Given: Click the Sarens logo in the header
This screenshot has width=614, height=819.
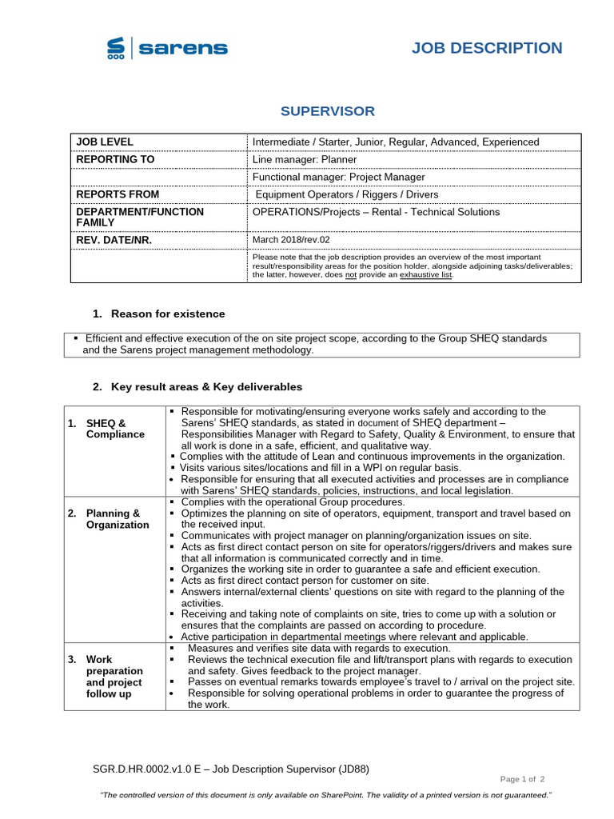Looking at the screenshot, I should click(167, 49).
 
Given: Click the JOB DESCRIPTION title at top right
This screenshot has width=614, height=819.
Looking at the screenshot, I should click(487, 48).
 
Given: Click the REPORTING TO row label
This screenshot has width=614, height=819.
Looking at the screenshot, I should click(115, 159).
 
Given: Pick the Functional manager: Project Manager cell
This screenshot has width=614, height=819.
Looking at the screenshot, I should click(338, 177).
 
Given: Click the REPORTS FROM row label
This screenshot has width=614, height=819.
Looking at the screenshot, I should click(118, 194).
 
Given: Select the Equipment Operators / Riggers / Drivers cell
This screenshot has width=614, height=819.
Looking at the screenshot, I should click(347, 194).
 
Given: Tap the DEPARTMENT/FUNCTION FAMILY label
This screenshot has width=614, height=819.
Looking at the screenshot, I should click(139, 217).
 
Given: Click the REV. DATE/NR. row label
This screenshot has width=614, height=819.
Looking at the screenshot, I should click(114, 240).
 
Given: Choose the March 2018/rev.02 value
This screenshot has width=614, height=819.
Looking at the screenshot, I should click(291, 240).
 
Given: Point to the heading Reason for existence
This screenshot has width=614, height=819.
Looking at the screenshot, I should click(168, 314).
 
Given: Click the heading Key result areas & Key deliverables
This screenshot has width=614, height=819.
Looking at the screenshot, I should click(206, 387).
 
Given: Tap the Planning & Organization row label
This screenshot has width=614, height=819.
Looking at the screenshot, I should click(117, 519).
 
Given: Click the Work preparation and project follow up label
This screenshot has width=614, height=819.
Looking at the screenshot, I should click(114, 677).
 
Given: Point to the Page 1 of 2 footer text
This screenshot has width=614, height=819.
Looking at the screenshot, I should click(522, 778).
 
